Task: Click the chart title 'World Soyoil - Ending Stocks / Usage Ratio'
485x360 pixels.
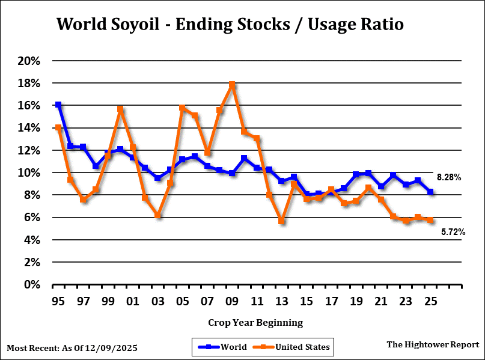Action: pos(230,25)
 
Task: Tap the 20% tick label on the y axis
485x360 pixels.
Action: pos(29,61)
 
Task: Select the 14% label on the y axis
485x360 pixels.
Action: pos(29,128)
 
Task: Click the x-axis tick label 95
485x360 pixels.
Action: pos(58,300)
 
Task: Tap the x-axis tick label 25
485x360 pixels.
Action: pos(430,300)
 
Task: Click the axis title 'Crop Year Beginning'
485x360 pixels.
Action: pos(255,323)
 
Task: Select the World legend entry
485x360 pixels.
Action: pos(220,347)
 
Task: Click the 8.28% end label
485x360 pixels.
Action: pos(448,178)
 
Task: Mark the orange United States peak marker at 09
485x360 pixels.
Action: pos(232,85)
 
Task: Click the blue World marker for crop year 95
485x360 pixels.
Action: pos(58,105)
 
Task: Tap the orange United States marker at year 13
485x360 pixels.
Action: pos(281,221)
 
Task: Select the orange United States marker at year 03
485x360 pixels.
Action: pos(157,215)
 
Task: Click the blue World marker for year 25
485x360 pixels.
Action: pos(430,192)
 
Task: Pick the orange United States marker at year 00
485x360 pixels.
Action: pos(120,109)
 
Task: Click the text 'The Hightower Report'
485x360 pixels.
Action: pos(433,344)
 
